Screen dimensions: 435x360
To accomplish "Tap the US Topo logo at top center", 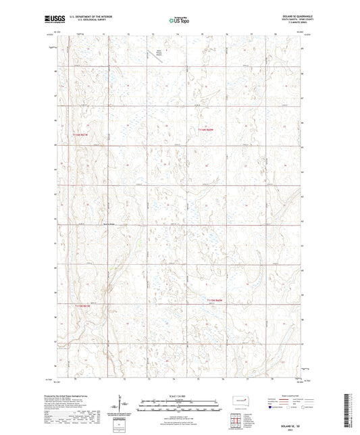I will point(179,21).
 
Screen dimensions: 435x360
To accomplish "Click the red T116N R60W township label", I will point(207,130).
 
